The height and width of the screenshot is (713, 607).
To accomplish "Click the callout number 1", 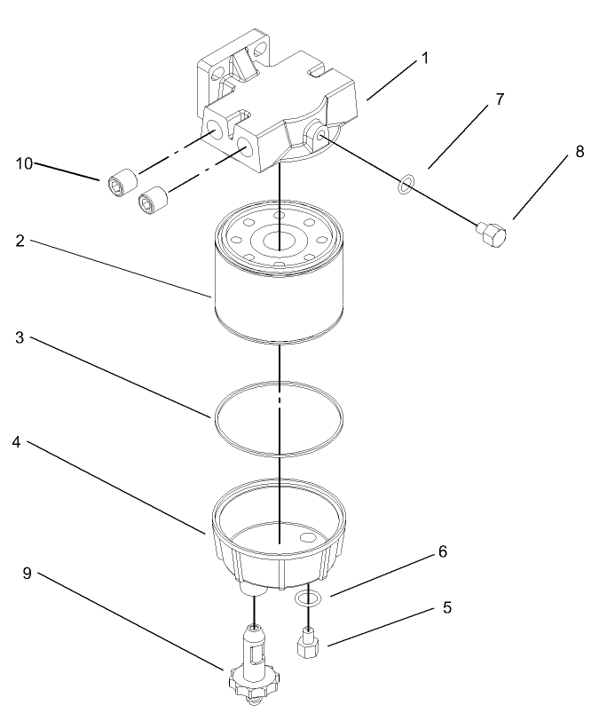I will (425, 59).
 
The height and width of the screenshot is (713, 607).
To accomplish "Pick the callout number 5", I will (447, 608).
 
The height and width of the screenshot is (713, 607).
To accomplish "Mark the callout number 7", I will (500, 99).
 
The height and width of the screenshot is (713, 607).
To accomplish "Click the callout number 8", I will (579, 151).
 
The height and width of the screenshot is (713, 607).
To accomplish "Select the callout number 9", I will (27, 573).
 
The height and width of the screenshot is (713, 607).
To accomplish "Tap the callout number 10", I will (24, 162).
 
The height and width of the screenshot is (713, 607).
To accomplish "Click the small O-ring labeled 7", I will (405, 185).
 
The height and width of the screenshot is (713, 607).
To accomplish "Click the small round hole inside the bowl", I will (307, 537).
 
